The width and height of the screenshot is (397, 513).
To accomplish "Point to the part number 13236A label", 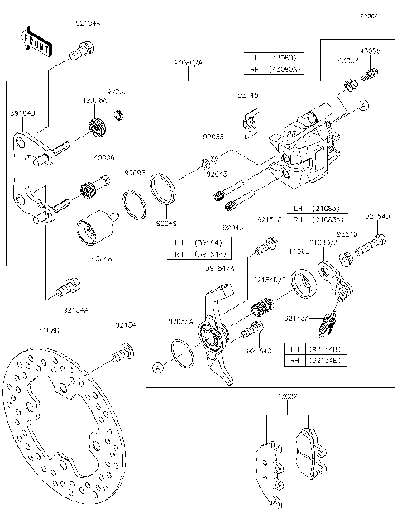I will tap(93, 99).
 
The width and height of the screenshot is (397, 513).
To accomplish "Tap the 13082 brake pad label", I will tap(288, 397).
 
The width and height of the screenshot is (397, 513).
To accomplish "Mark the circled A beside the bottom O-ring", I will tap(157, 365).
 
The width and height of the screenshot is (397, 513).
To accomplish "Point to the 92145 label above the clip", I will tap(247, 96).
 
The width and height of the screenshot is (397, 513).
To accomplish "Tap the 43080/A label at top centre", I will tap(188, 62).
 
